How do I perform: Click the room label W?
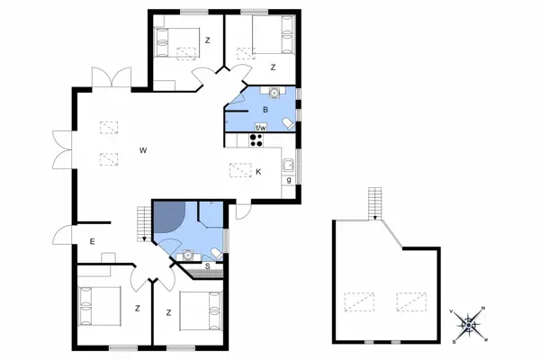143,150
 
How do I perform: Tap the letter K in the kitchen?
258,172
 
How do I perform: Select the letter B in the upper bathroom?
265,110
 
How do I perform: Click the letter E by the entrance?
92,241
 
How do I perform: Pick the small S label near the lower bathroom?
208,266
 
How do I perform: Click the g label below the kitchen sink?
288,181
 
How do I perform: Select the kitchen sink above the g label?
288,166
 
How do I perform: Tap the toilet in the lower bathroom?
217,251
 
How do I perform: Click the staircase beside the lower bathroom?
142,222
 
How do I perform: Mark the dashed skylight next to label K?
240,168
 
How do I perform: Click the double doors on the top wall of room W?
111,78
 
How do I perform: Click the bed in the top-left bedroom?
177,41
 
